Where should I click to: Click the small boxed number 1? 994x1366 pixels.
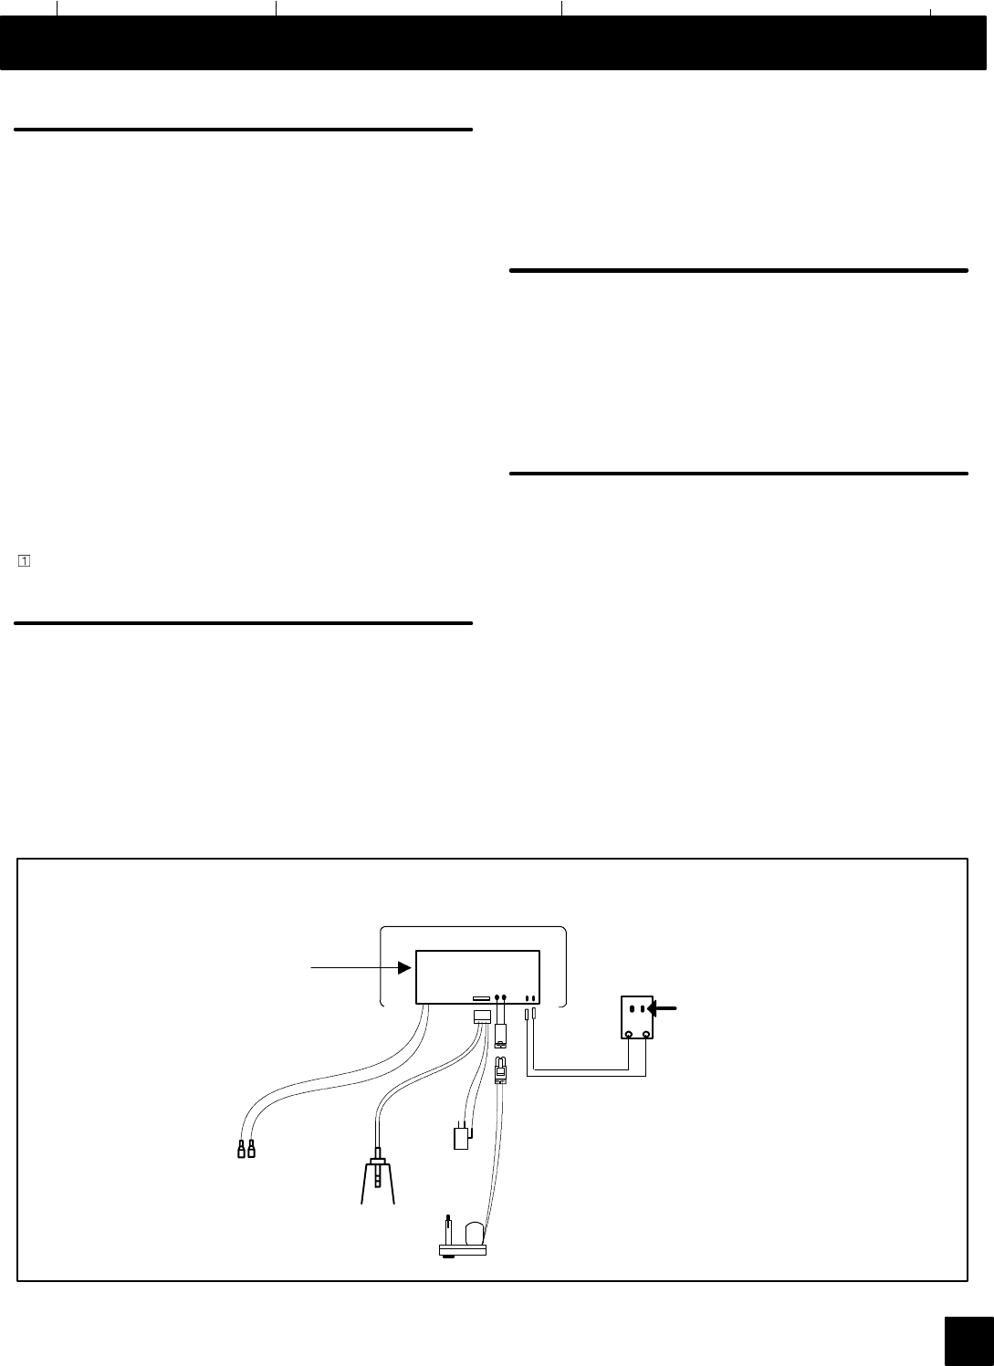23,560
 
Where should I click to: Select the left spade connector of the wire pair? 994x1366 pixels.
241,1149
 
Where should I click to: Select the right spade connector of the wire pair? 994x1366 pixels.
251,1149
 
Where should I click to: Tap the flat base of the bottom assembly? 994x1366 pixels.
462,1249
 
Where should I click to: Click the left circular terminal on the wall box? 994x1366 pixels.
629,1034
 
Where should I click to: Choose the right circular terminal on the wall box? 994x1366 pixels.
647,1034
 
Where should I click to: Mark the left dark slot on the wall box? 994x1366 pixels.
633,1009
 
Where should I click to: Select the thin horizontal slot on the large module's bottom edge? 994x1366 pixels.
480,998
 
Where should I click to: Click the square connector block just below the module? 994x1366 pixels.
483,1017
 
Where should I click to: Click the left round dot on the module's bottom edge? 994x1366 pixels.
497,998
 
